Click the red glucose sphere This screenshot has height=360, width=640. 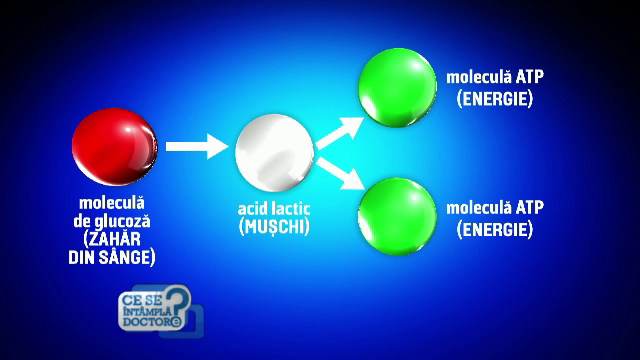pyautogui.click(x=114, y=145)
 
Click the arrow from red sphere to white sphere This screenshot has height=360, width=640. pyautogui.click(x=197, y=147)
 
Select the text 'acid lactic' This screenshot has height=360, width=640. pyautogui.click(x=274, y=210)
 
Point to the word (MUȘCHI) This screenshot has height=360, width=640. pyautogui.click(x=274, y=227)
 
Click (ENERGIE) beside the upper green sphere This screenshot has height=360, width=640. pyautogui.click(x=495, y=99)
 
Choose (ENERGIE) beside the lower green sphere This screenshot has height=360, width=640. pyautogui.click(x=495, y=229)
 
